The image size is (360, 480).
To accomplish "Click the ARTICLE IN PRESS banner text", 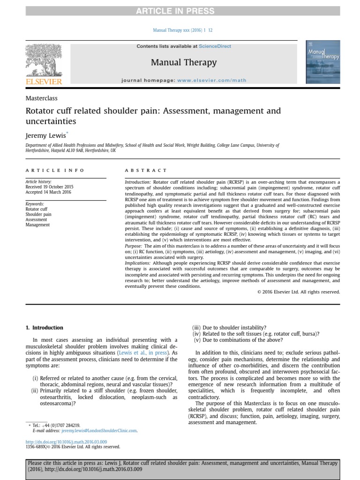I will [180, 11].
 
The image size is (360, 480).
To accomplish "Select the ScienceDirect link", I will [215, 46].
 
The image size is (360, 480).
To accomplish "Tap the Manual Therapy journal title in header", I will [184, 62].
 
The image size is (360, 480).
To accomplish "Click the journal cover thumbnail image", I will [323, 61].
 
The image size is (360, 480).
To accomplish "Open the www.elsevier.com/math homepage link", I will [211, 80].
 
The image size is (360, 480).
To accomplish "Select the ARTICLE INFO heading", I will [55, 170].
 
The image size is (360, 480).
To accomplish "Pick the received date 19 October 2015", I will [49, 187].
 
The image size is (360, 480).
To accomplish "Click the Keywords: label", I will [35, 204].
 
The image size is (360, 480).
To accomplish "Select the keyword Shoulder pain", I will [38, 214].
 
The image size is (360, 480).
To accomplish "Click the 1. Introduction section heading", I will [44, 328].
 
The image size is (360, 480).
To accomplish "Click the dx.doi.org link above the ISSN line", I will [66, 442].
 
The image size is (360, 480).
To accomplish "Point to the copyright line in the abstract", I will [299, 292].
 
